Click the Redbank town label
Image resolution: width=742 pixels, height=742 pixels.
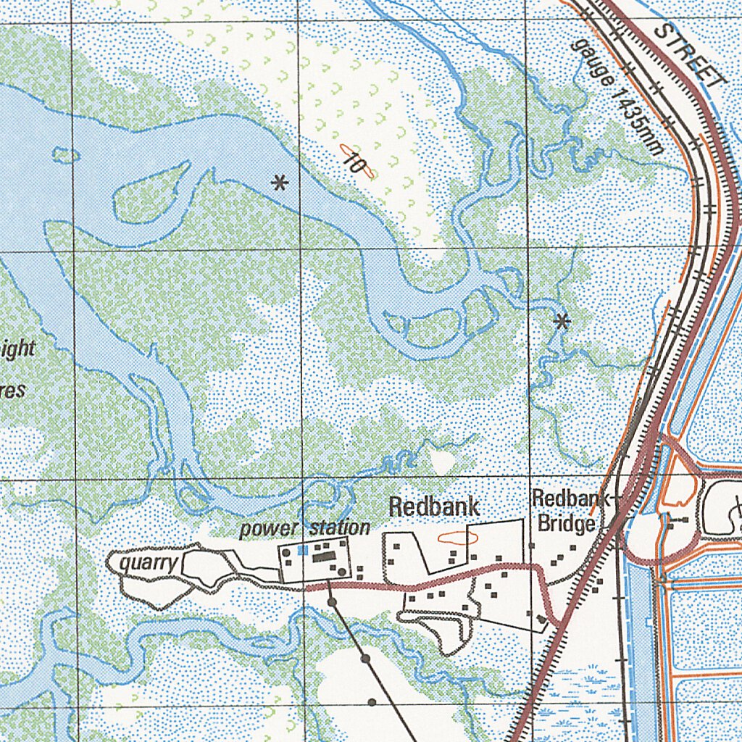433,507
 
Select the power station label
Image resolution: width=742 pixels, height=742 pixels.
305,528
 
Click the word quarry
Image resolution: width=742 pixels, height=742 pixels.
147,563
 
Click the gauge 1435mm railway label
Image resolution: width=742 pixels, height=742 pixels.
617,96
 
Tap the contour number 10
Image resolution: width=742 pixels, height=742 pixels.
355,162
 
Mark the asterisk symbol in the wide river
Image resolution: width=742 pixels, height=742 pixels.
279,183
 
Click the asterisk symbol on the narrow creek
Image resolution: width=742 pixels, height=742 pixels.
561,321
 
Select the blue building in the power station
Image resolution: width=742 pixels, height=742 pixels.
302,551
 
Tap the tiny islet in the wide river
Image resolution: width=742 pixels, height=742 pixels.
66,154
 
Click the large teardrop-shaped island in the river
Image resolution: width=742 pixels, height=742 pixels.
149,194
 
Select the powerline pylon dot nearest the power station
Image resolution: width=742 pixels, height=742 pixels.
331,601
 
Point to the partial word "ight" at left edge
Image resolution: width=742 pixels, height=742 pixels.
17,349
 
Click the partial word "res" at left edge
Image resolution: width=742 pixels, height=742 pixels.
12,391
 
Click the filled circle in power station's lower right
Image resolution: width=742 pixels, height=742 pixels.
341,572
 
